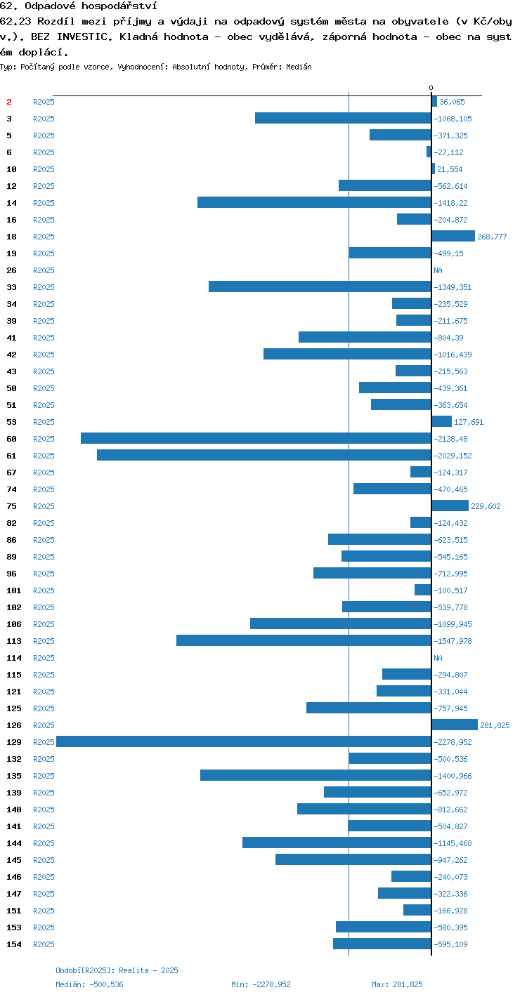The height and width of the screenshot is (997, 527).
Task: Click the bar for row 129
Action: coord(244,741)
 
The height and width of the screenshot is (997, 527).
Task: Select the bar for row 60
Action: coord(256,438)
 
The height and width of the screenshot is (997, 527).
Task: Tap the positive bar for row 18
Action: coord(453,236)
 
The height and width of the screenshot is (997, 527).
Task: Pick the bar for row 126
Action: coord(455,725)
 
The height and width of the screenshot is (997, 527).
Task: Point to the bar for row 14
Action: coord(314,202)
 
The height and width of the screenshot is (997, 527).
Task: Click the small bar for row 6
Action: coord(429,152)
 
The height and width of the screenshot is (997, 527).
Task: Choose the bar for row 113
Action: coord(304,640)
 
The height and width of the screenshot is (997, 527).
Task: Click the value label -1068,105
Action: coord(453,119)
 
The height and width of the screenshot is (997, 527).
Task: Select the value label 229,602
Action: coord(486,506)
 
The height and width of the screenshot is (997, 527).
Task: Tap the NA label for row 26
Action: coord(438,270)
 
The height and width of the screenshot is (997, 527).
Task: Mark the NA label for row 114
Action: coord(438,658)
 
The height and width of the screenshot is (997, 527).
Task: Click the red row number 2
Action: coord(9,102)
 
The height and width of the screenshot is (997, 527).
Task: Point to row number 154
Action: coord(14,944)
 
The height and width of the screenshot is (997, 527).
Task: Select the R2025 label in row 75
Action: coord(44,506)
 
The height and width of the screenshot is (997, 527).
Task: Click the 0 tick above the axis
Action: coord(431,88)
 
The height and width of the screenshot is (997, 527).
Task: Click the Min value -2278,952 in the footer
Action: coord(271,984)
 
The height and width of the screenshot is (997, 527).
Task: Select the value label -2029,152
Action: coord(453,456)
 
